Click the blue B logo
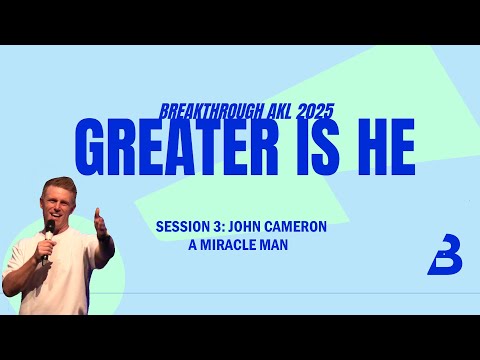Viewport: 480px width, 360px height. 444,257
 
